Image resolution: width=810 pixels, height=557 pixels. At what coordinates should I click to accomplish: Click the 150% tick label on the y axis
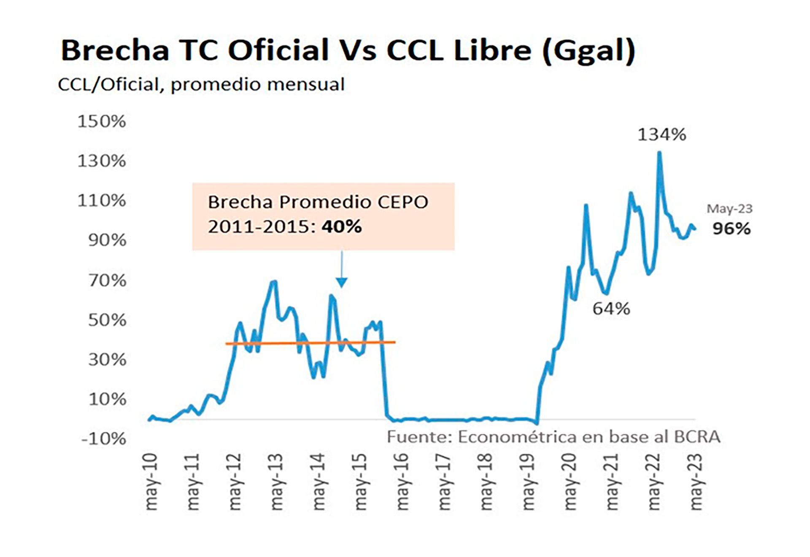(x=102, y=121)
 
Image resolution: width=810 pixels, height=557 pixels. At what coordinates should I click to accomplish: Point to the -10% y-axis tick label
(x=104, y=439)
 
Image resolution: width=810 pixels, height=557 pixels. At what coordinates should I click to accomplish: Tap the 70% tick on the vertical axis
(x=107, y=280)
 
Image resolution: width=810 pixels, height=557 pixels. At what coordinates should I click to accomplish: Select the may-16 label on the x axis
(x=402, y=482)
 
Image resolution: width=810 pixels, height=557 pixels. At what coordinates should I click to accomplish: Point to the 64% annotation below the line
(x=611, y=309)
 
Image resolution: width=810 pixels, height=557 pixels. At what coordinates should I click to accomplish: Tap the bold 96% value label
(x=732, y=229)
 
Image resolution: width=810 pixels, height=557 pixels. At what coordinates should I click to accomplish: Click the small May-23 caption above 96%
(x=729, y=209)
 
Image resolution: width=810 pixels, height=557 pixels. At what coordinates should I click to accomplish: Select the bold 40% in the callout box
(x=341, y=227)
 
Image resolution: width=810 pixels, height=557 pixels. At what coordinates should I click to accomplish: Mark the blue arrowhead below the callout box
(x=342, y=283)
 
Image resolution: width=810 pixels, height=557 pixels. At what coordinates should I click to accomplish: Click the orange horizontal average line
(x=310, y=343)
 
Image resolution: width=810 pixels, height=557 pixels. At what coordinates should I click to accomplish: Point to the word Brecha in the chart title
(x=115, y=50)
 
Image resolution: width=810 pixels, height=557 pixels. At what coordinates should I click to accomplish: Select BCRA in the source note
(x=697, y=437)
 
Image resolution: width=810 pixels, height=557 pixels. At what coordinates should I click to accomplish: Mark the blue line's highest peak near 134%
(x=659, y=153)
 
